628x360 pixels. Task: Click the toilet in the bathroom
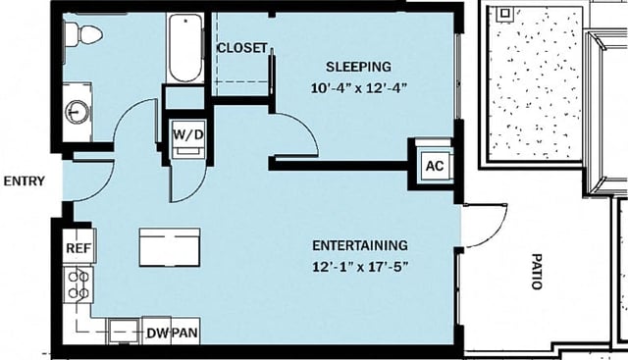click(83, 35)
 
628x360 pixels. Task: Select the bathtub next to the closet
click(183, 49)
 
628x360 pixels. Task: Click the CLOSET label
click(241, 48)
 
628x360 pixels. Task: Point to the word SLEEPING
click(358, 67)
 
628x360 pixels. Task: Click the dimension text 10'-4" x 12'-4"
click(358, 86)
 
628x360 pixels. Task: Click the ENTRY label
click(23, 181)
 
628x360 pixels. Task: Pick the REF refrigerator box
click(78, 248)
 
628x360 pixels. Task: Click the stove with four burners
click(78, 284)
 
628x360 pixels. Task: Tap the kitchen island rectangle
click(169, 246)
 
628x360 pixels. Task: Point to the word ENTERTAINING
click(359, 244)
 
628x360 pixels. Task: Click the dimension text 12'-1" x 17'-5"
click(359, 264)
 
